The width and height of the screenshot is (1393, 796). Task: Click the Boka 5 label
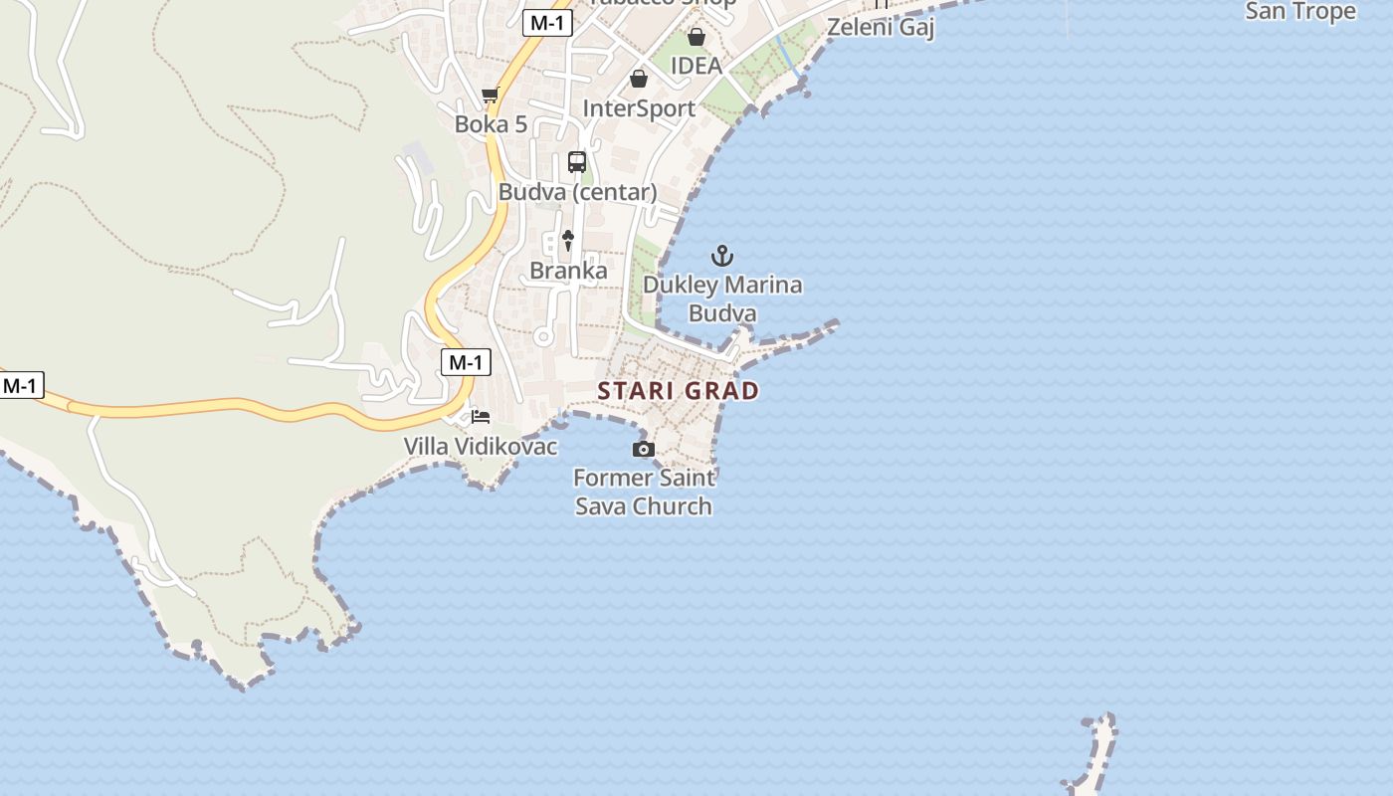pos(491,124)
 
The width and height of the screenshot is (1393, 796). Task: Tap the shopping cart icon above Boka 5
pos(490,96)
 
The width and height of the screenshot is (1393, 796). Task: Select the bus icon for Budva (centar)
pos(577,162)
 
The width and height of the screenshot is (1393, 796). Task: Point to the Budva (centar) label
pos(577,192)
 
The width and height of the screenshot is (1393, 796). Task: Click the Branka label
pos(568,271)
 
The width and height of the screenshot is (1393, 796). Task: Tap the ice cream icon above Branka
pos(568,240)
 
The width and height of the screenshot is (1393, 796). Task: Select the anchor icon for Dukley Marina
pos(722,256)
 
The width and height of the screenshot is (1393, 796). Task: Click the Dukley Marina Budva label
pos(722,298)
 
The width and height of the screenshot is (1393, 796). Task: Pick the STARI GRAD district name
pos(679,391)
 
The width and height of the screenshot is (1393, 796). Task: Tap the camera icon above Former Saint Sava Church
pos(644,450)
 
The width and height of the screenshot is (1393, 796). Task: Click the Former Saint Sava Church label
pos(644,492)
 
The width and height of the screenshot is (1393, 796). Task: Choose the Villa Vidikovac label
pos(481,447)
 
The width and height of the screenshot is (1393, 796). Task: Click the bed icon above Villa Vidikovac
pos(481,416)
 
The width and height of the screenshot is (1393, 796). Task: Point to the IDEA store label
pos(696,66)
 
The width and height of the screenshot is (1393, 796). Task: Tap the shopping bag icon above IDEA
pos(696,37)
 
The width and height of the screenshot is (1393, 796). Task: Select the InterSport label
pos(639,108)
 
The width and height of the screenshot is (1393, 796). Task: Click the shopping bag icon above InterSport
pos(639,79)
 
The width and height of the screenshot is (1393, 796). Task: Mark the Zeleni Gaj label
pos(881,27)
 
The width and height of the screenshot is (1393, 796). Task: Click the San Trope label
pos(1300,11)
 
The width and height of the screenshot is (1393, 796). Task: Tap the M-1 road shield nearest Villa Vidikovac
pos(466,363)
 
